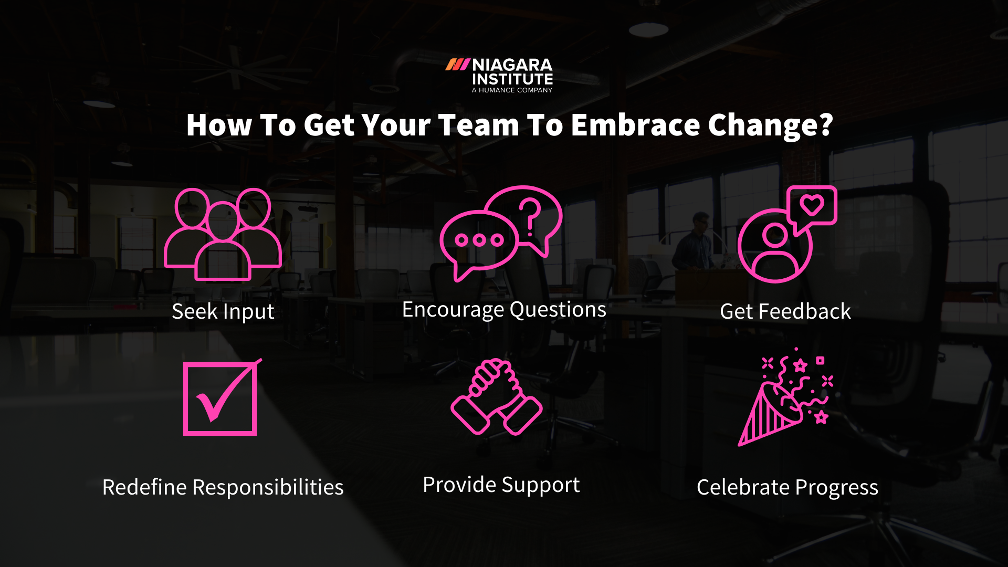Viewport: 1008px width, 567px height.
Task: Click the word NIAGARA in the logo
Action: coord(512,65)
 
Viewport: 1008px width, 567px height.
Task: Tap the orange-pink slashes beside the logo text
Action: coord(457,65)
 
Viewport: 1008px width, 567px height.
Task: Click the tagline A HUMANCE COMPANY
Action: coord(512,90)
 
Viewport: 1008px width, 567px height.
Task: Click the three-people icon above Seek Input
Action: coord(223,234)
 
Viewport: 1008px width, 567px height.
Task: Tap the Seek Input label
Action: coord(223,311)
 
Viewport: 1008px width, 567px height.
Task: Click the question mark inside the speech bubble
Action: coord(530,216)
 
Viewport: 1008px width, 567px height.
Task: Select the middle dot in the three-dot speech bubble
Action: coord(479,240)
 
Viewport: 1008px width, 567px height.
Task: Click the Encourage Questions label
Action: coord(504,310)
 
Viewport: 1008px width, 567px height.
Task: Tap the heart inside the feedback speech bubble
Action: coord(812,204)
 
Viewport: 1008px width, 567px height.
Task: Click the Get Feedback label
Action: coord(785,311)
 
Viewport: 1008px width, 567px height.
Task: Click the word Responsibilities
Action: coord(268,487)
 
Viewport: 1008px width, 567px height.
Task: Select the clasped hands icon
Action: coord(496,397)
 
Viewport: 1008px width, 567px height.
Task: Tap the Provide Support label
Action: coord(501,485)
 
